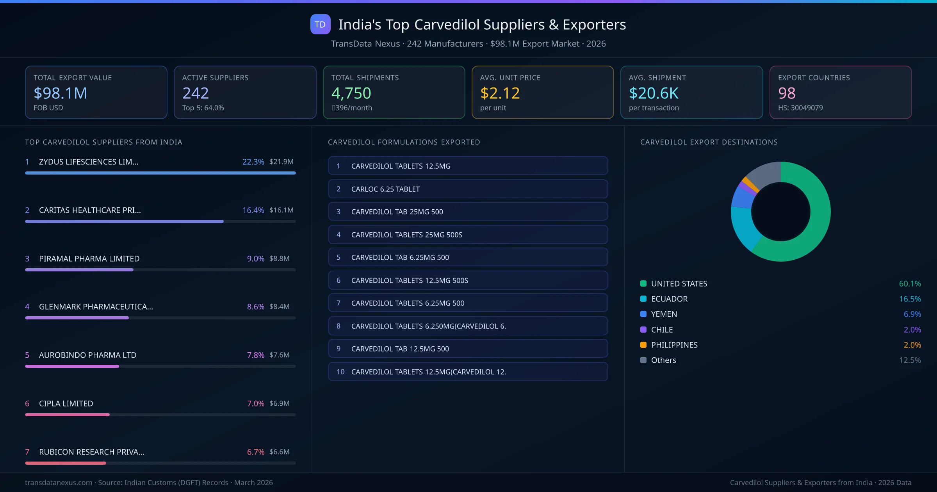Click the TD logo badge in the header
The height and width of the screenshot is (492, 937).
point(320,24)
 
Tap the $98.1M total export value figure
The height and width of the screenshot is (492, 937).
point(61,93)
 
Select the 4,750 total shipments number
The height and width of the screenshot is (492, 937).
point(351,93)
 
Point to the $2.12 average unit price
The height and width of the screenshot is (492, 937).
point(500,93)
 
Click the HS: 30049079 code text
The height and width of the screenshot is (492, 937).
point(800,108)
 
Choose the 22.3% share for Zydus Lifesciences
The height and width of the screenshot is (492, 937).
point(253,162)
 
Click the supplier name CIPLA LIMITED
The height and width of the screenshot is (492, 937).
point(66,403)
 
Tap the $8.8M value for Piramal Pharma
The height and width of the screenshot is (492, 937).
point(279,258)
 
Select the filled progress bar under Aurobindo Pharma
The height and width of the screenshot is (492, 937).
point(72,366)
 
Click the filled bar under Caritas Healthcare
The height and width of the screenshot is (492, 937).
point(124,221)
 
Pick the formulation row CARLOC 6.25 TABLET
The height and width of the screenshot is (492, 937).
point(467,189)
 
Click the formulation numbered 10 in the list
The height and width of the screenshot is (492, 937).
point(467,372)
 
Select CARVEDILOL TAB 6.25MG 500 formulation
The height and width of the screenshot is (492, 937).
point(467,257)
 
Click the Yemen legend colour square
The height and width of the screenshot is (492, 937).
point(643,314)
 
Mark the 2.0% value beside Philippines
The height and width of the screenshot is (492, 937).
point(912,345)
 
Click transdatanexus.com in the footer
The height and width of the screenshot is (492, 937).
point(59,483)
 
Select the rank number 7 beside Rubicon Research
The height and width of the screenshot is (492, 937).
point(27,452)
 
